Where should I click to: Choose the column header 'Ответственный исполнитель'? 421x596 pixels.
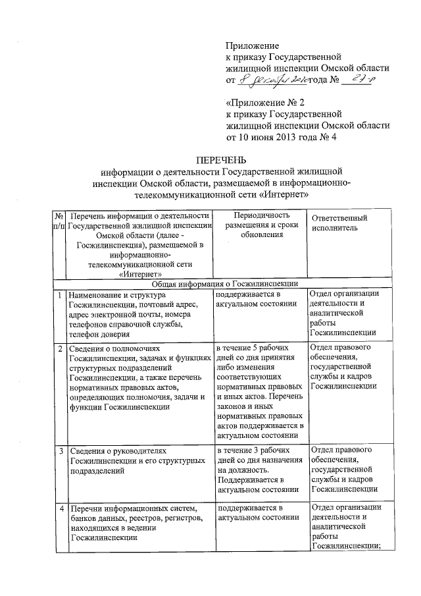pos(340,223)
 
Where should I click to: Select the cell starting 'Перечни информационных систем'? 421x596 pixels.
pos(140,523)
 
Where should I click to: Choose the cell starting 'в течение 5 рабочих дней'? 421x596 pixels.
pos(260,389)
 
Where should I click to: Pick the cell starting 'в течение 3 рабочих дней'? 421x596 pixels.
pos(260,470)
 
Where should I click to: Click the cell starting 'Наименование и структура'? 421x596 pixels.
pos(140,313)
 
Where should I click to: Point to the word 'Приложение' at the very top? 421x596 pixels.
pos(253,45)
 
